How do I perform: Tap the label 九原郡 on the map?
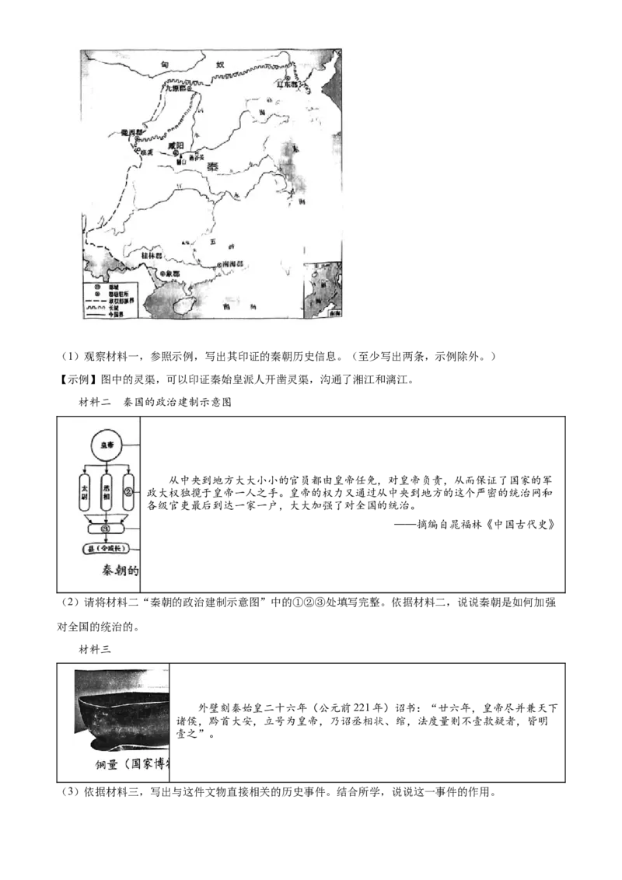pyautogui.click(x=176, y=89)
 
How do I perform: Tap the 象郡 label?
pyautogui.click(x=169, y=274)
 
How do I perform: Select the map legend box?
pyautogui.click(x=109, y=299)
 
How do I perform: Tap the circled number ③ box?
pyautogui.click(x=107, y=529)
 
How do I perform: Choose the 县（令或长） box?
pyautogui.click(x=107, y=549)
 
